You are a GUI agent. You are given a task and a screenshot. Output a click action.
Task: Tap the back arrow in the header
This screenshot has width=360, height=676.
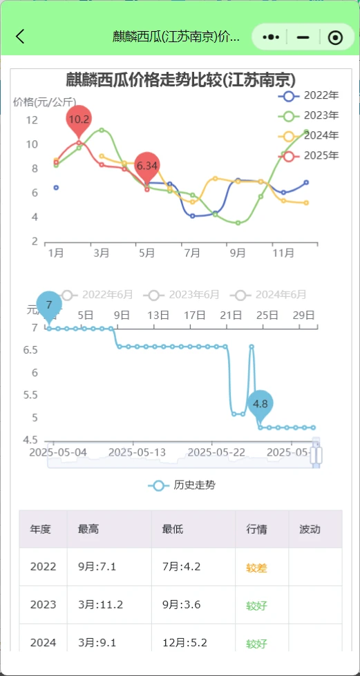click(21, 37)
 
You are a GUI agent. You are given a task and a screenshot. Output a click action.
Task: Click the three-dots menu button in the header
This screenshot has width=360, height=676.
click(272, 37)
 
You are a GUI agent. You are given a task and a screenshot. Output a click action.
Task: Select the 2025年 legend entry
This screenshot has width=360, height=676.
click(311, 155)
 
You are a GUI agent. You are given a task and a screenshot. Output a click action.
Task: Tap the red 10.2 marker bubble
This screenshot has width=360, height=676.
click(79, 119)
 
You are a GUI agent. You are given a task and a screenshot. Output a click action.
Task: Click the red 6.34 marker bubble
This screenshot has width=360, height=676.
click(146, 166)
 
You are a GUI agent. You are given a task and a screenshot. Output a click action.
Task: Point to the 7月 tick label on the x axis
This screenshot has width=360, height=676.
click(192, 253)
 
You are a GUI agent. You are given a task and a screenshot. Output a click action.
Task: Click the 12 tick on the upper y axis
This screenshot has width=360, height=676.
click(32, 119)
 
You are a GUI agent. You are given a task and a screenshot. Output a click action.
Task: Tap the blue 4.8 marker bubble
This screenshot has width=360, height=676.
click(260, 403)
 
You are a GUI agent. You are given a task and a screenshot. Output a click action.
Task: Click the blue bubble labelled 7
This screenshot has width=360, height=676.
click(48, 305)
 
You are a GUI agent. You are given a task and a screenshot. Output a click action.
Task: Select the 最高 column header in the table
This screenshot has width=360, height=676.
click(88, 530)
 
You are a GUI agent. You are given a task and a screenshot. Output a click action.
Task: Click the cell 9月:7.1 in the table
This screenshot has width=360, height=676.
click(97, 568)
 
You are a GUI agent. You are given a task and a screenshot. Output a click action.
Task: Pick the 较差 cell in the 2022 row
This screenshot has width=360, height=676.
click(256, 568)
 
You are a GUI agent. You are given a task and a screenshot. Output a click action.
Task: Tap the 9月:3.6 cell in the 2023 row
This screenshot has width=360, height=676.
click(182, 606)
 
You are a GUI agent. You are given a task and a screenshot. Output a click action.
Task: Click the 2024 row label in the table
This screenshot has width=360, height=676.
click(43, 643)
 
